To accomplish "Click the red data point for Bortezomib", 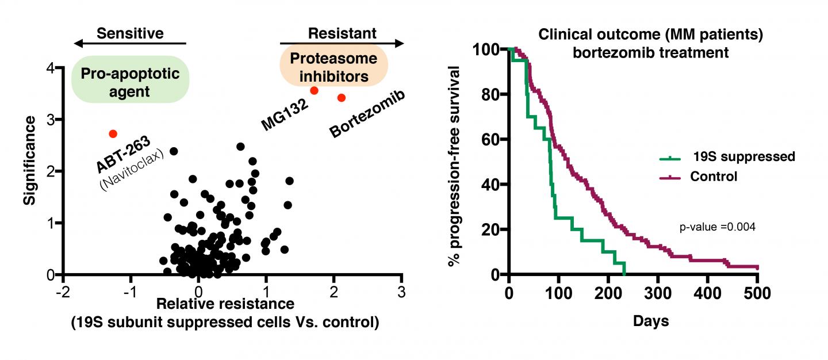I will (341, 98).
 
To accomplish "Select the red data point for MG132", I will (314, 91).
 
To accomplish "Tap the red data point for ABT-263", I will (113, 134).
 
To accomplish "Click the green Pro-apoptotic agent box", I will (130, 80).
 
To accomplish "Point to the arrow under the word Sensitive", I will (130, 44).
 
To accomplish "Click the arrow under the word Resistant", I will (342, 44).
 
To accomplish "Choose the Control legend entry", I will (713, 176).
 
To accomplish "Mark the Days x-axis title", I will (651, 321).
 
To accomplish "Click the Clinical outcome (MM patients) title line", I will (650, 35).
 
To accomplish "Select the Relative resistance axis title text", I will (225, 304).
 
